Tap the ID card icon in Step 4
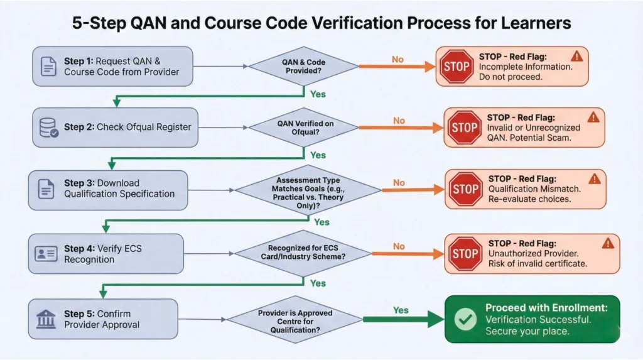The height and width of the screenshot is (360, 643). pos(45,254)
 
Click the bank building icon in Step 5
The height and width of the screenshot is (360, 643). pos(45,319)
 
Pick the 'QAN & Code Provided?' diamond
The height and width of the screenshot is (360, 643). pos(303,66)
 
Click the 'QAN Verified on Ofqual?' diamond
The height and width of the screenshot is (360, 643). pos(305,128)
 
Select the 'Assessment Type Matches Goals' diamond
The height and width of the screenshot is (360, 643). pos(308,188)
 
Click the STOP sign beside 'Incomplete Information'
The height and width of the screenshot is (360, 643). pos(457,67)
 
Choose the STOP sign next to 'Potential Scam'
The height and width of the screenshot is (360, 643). pos(465,128)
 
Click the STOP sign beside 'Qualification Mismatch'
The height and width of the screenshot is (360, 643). pos(466,188)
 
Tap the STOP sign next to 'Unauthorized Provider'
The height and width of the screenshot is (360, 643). pos(465,253)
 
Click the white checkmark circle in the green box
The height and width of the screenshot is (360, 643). pos(465,319)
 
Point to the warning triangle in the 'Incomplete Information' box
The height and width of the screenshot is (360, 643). pos(577,56)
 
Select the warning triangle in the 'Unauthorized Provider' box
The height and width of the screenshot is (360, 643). pos(607,243)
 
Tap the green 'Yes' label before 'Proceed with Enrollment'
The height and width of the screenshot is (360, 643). pos(400,310)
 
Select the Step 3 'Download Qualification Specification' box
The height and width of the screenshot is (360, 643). pos(108,189)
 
